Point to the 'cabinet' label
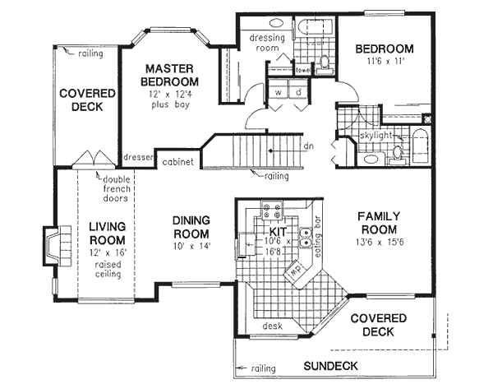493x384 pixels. click(x=177, y=162)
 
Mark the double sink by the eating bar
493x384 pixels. click(x=305, y=240)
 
